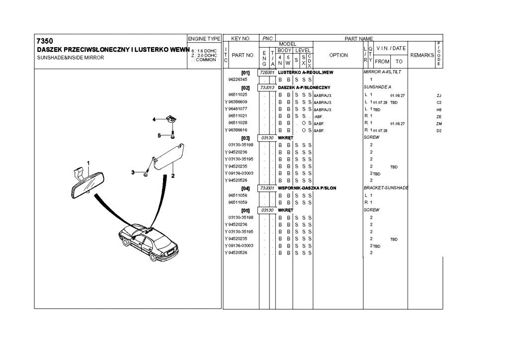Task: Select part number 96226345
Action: [238, 80]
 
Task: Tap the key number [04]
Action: [245, 188]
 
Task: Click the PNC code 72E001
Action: [267, 72]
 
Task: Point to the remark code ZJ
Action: [439, 95]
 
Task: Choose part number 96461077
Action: [238, 109]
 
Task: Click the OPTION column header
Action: [339, 55]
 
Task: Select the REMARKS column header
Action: [422, 55]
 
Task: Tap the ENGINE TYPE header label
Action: [204, 39]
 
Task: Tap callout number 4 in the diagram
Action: [154, 119]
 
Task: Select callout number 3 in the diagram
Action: [133, 172]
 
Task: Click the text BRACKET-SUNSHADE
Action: [386, 188]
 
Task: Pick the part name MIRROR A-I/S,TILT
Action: [382, 72]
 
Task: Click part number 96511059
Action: [238, 203]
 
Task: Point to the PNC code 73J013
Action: [267, 88]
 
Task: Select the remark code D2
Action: [439, 131]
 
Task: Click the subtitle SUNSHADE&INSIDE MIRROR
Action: [70, 57]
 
